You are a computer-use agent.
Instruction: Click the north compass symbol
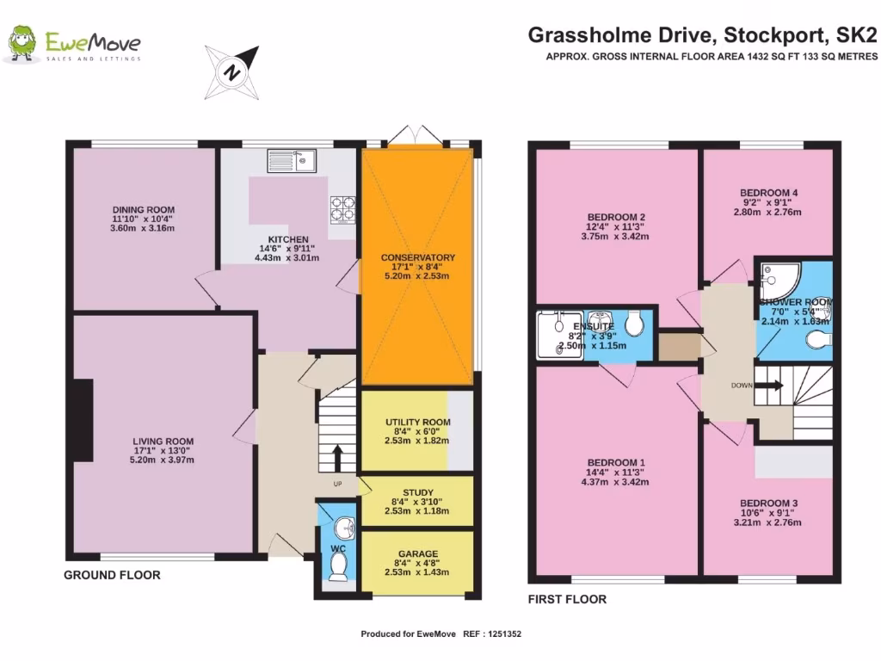pyautogui.click(x=232, y=71)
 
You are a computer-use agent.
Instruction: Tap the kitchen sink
pyautogui.click(x=292, y=160)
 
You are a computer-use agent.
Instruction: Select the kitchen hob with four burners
pyautogui.click(x=343, y=207)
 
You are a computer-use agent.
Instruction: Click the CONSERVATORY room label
pyautogui.click(x=418, y=257)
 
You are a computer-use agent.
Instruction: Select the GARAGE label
pyautogui.click(x=417, y=553)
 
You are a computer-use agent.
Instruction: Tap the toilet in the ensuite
pyautogui.click(x=636, y=324)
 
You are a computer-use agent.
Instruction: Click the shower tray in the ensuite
pyautogui.click(x=553, y=335)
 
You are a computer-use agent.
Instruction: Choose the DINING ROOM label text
pyautogui.click(x=144, y=209)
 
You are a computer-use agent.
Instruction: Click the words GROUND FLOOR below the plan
pyautogui.click(x=112, y=575)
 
